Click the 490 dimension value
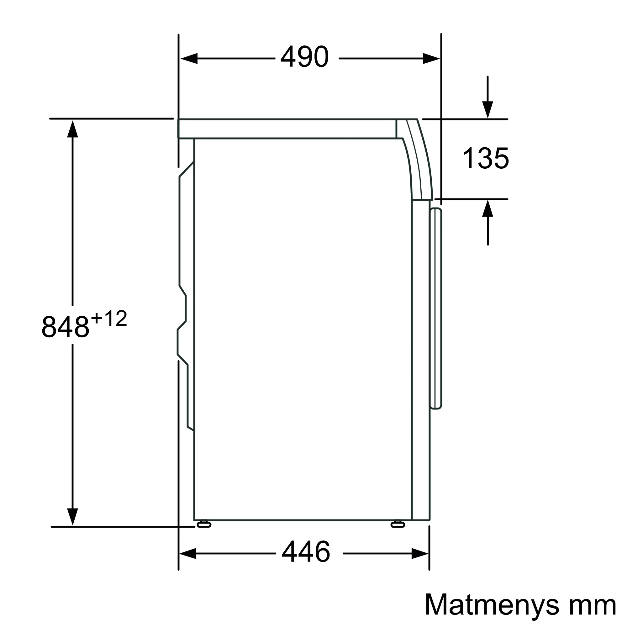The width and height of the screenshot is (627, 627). point(304,57)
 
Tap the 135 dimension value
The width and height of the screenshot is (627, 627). point(486,158)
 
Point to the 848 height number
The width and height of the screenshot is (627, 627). point(65,327)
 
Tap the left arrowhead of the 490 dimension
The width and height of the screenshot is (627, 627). point(189,58)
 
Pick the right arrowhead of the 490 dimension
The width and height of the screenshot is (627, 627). point(431,58)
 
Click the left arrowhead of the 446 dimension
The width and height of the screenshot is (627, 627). point(187,553)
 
